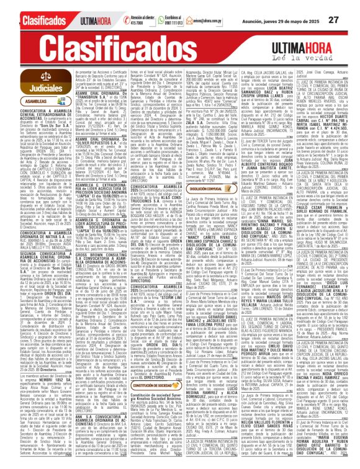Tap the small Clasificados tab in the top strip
26,20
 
